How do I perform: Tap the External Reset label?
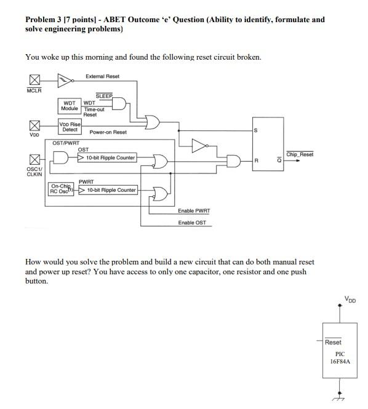pyautogui.click(x=103, y=76)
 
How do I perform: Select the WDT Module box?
pyautogui.click(x=70, y=106)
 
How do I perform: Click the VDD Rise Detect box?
pyautogui.click(x=70, y=127)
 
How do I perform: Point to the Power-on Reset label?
pyautogui.click(x=108, y=132)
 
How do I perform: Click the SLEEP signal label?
pyautogui.click(x=104, y=96)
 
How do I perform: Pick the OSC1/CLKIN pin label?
pyautogui.click(x=34, y=172)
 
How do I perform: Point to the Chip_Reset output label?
pyautogui.click(x=300, y=154)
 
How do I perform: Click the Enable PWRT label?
pyautogui.click(x=194, y=211)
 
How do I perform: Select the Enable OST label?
pyautogui.click(x=192, y=222)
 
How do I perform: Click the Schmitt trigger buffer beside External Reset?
pyautogui.click(x=64, y=79)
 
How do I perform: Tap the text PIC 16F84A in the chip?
pyautogui.click(x=340, y=358)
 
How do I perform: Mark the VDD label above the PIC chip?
pyautogui.click(x=350, y=300)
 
